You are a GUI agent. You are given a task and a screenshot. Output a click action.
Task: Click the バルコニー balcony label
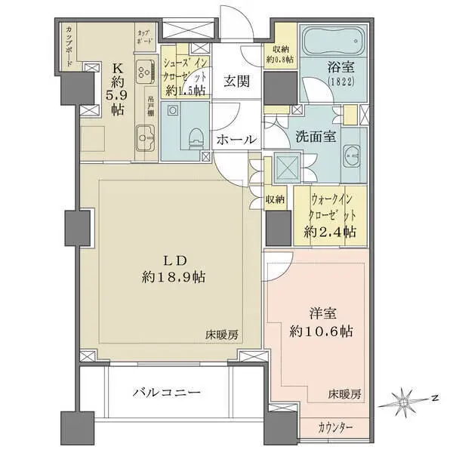tap(167, 393)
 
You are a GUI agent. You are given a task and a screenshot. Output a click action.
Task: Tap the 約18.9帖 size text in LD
tap(171, 276)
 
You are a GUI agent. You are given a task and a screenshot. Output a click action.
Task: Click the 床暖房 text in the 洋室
tap(344, 394)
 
